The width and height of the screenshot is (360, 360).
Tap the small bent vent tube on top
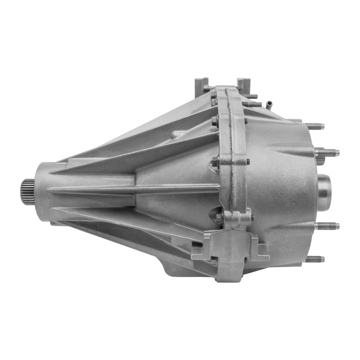(270, 102)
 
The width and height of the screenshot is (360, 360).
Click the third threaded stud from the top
(328, 226)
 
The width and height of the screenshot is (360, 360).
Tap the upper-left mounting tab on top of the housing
(201, 85)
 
